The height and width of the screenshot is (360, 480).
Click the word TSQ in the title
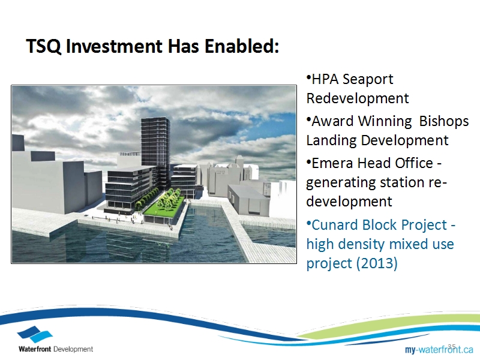click(44, 46)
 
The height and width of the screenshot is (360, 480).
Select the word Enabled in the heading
click(242, 46)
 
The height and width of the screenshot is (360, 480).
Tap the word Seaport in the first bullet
click(368, 80)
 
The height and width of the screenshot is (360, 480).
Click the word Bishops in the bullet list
click(444, 122)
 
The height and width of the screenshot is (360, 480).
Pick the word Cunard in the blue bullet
click(335, 225)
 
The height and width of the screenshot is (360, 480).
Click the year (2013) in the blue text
click(377, 263)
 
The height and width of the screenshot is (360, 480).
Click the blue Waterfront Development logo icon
click(35, 334)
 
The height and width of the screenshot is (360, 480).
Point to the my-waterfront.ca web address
click(439, 349)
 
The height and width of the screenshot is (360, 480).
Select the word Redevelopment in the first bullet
click(358, 98)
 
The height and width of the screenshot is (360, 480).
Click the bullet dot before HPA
click(308, 76)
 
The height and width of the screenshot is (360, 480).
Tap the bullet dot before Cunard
click(308, 222)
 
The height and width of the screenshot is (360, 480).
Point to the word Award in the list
click(333, 122)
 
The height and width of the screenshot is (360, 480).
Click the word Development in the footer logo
click(73, 349)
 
